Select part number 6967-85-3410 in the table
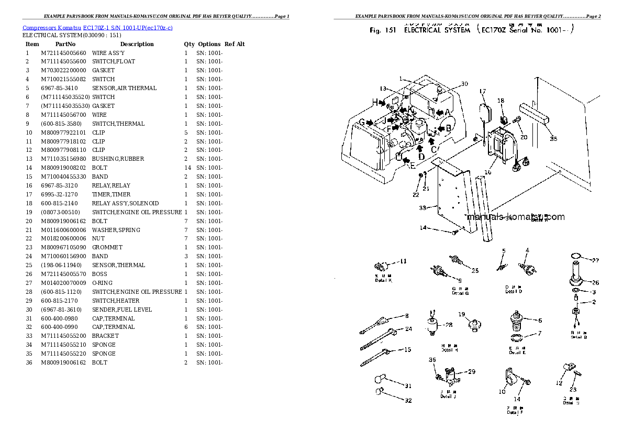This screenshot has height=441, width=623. [59, 88]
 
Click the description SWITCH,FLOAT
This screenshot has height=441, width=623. [113, 61]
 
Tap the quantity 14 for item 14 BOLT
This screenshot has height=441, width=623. [186, 168]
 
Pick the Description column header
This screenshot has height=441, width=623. [137, 44]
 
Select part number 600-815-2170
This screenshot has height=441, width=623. [59, 301]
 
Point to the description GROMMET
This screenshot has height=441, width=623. [107, 247]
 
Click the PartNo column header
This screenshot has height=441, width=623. [65, 44]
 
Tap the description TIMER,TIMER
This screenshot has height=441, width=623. [111, 194]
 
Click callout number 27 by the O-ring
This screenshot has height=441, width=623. [595, 260]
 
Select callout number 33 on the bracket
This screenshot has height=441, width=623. [424, 207]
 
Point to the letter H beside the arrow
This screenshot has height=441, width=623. [375, 101]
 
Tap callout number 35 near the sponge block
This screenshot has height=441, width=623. [553, 139]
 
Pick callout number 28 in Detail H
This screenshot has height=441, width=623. [448, 325]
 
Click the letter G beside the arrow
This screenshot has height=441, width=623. [361, 122]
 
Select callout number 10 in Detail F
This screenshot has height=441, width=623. [502, 392]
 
